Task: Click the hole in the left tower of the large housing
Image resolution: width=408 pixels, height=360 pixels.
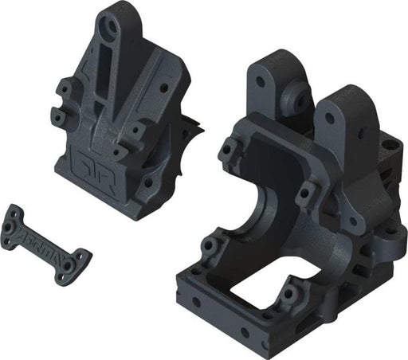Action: (x=261, y=81)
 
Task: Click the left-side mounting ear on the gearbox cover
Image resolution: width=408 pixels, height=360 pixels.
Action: (x=59, y=115)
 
